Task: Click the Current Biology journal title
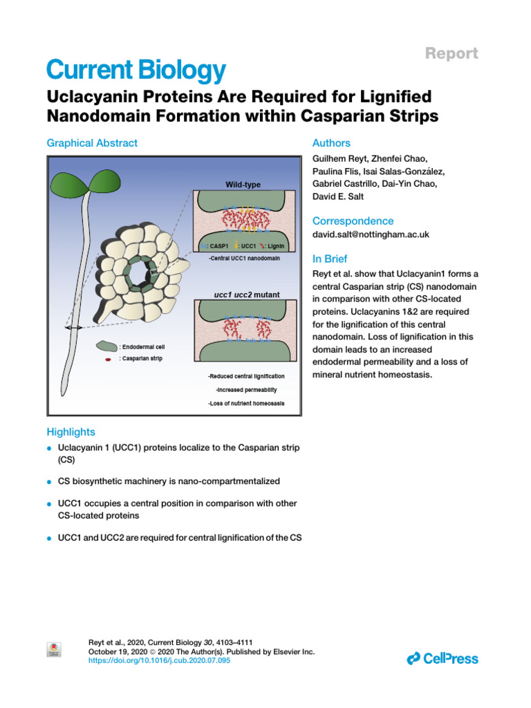[136, 70]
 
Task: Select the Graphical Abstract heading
[92, 143]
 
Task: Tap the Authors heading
[331, 143]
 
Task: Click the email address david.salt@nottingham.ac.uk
[371, 234]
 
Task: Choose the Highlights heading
[71, 432]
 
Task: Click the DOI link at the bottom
[159, 661]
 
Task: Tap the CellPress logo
[442, 658]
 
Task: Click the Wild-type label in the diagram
[243, 185]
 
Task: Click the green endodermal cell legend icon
[106, 346]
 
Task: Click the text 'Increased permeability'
[245, 389]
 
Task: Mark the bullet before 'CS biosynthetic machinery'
[50, 481]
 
